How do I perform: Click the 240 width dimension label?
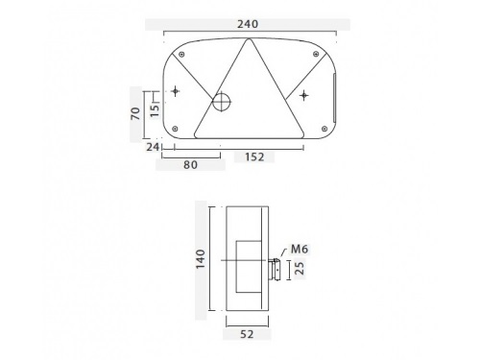[248, 24]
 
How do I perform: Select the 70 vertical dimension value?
[135, 113]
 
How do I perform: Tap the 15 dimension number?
[155, 109]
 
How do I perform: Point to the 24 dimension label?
[153, 147]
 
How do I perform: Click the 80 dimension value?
[190, 165]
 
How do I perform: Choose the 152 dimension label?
[254, 156]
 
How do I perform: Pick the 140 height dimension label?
[201, 259]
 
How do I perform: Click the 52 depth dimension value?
[247, 334]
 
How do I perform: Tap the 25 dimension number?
[300, 268]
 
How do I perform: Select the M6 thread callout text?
[300, 249]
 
